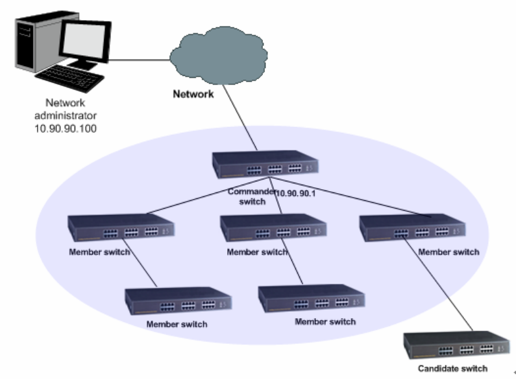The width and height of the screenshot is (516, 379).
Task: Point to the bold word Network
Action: (x=193, y=94)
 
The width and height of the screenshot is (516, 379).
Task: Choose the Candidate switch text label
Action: (x=452, y=369)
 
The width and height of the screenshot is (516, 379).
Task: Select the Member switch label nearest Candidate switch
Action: (x=448, y=252)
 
